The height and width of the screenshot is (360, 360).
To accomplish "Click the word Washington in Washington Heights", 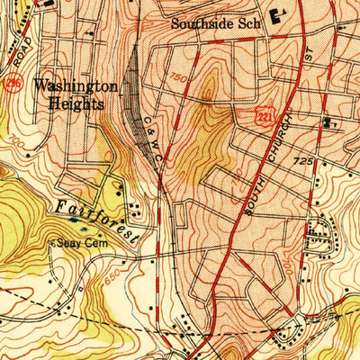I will pyautogui.click(x=75, y=86).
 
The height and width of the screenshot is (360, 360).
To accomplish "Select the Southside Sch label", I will pyautogui.click(x=215, y=25).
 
